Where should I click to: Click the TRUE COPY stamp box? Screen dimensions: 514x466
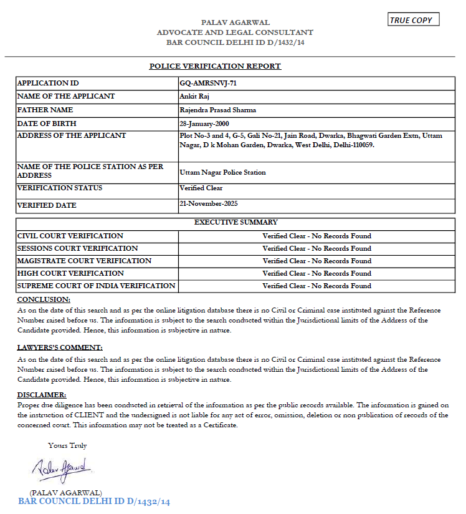[413, 20]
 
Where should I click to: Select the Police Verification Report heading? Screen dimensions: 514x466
[215, 66]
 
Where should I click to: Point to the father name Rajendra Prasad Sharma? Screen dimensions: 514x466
[217, 110]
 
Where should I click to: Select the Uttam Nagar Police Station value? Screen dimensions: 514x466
[222, 172]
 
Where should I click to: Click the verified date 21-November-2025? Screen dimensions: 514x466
[209, 203]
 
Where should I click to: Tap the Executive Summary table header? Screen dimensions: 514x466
[236, 222]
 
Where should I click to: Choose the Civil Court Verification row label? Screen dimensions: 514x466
[70, 236]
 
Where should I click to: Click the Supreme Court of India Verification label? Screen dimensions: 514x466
[97, 286]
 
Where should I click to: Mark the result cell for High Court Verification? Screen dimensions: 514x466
[316, 273]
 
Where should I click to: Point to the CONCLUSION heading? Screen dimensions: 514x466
[44, 300]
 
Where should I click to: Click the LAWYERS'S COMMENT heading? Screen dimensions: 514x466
[60, 347]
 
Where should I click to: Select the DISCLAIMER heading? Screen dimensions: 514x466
[42, 395]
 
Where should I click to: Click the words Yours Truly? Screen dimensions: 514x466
[68, 445]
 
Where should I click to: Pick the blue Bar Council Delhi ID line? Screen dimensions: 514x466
[94, 502]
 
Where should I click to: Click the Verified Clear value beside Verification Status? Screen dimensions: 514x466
[201, 188]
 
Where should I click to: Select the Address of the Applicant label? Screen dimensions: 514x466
[72, 135]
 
